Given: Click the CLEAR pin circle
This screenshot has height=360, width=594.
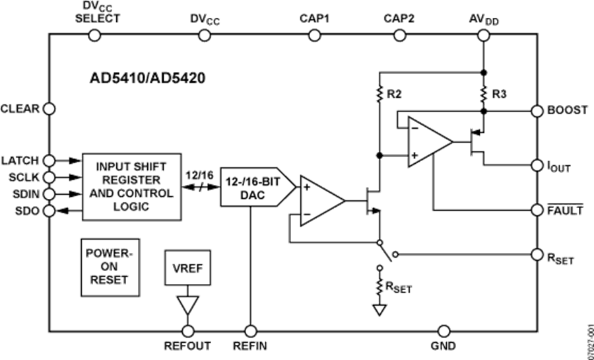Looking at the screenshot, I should coord(49,108).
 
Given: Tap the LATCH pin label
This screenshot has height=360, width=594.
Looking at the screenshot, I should coord(20,160).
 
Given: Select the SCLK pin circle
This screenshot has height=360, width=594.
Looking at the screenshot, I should coord(49,177).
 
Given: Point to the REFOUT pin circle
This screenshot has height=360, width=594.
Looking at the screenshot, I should coord(188,330).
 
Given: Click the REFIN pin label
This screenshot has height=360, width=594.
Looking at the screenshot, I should coord(250,345).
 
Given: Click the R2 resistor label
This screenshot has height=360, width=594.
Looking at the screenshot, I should coord(395,93).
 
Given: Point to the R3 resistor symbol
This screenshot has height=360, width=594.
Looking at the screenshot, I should coord(483,92).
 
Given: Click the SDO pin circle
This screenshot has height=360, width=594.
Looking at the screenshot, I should coord(49,211).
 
